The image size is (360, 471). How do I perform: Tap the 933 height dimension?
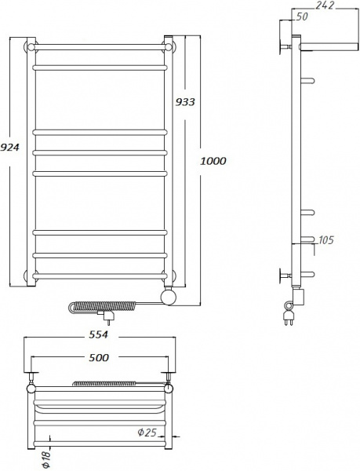click(186, 102)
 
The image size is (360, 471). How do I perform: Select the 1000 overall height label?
click(213, 160)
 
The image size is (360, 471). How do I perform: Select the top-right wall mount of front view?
click(169, 46)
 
